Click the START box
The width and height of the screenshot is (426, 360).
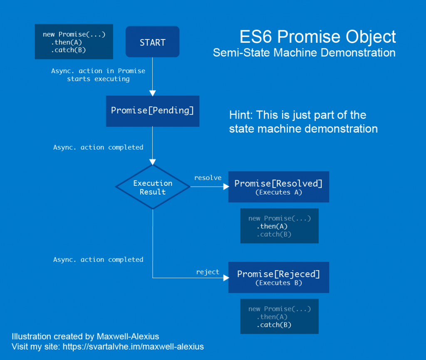point(152,42)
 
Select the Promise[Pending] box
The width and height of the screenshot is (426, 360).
point(152,111)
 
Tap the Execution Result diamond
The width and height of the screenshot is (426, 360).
point(153,187)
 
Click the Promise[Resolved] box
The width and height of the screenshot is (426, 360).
point(278,187)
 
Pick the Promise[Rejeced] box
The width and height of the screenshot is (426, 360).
point(278,277)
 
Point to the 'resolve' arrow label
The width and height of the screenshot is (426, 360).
point(208,178)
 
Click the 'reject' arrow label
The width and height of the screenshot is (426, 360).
point(208,272)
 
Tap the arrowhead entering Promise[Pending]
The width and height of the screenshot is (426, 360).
point(152,93)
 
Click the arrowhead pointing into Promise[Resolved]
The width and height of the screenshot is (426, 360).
point(226,187)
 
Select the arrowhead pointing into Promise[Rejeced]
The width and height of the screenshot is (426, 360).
point(226,278)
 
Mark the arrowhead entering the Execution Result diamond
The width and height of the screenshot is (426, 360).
point(153,162)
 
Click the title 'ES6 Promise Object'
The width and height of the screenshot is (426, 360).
point(317,37)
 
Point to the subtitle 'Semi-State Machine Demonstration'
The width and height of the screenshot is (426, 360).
point(304,53)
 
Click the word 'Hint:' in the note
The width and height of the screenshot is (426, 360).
point(241,115)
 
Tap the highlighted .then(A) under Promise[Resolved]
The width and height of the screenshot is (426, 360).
point(272,227)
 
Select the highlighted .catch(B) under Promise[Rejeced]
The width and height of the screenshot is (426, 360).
point(274,325)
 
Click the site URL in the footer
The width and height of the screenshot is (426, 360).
point(133,347)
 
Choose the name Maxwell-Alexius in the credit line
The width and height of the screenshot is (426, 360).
point(128,337)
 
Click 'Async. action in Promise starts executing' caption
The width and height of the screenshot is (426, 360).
point(98,75)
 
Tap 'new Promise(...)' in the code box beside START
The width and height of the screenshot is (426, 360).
point(74,35)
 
